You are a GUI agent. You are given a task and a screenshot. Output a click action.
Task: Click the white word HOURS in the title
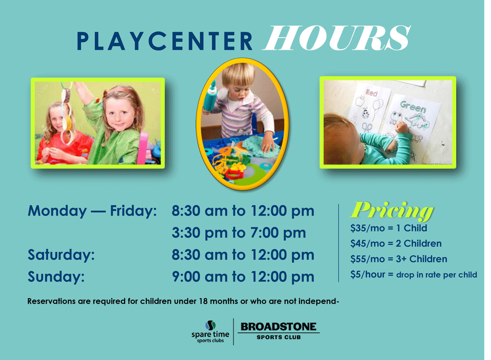337,38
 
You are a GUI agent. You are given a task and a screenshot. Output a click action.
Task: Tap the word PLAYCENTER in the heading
164,41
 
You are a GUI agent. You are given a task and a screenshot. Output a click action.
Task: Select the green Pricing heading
392,211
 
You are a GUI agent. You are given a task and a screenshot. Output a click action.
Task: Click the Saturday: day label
61,255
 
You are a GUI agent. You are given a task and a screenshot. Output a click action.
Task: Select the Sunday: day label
56,277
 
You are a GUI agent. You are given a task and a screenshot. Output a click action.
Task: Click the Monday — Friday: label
92,211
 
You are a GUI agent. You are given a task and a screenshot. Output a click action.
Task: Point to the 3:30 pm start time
199,233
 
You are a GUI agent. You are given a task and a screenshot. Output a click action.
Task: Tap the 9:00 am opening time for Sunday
200,277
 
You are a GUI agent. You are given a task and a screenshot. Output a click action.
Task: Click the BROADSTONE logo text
278,327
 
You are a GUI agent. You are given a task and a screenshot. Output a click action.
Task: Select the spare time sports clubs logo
211,332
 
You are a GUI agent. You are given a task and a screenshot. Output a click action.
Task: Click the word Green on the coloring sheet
413,106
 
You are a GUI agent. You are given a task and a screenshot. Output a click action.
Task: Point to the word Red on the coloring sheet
372,92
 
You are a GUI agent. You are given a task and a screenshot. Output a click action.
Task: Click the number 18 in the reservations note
203,301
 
